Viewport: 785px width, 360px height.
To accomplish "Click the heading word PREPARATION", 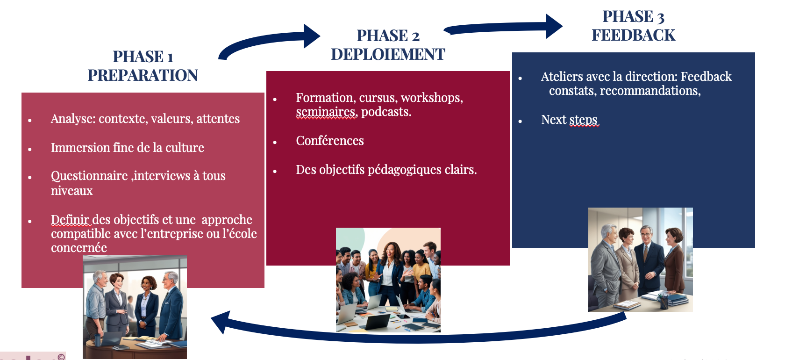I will pos(143,75).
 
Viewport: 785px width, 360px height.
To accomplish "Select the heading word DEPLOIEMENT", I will pos(388,54).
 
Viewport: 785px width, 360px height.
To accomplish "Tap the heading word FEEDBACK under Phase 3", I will pos(633,35).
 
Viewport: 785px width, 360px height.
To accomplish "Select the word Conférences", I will pos(330,141).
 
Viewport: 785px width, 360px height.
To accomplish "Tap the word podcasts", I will pos(386,112).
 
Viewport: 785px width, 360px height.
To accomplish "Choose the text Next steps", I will pos(569,120).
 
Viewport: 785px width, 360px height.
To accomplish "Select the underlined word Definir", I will pos(70,220).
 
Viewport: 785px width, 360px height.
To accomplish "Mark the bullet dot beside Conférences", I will pos(275,142).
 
